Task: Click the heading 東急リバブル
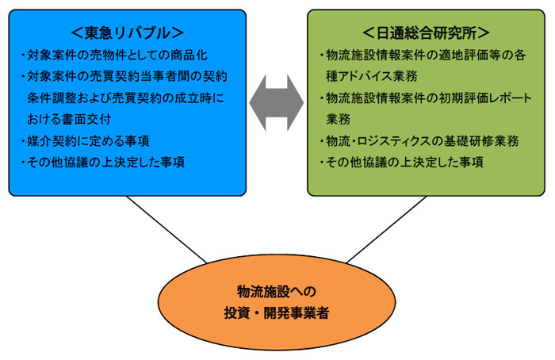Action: coord(128,33)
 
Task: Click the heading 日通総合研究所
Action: coord(426,33)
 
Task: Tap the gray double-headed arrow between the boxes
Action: coord(277,102)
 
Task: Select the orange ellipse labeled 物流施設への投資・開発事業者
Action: coord(277,302)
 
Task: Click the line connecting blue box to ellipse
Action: coord(166,229)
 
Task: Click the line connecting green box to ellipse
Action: coord(387,229)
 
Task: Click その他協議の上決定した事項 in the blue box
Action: coord(102,162)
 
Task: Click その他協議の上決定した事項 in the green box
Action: coord(401,162)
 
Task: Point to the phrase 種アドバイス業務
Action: coord(372,76)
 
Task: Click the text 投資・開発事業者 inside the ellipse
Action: coord(277,313)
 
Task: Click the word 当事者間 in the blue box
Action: coord(165,76)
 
